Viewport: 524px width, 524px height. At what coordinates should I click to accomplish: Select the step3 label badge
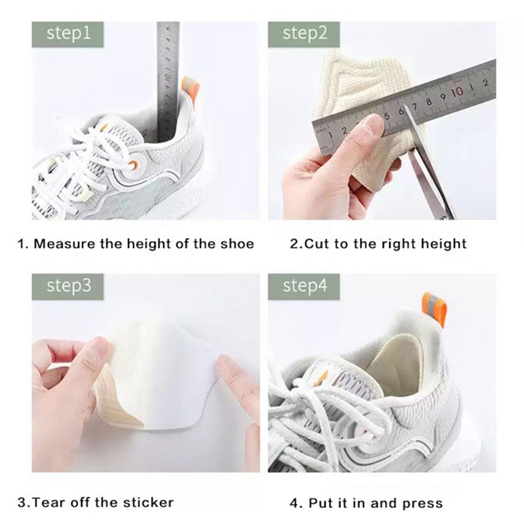tap(68, 286)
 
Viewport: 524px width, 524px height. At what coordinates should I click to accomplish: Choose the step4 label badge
tap(304, 286)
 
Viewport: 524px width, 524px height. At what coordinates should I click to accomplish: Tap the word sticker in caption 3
tap(150, 503)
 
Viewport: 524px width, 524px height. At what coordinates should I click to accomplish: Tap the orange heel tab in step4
tap(433, 309)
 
